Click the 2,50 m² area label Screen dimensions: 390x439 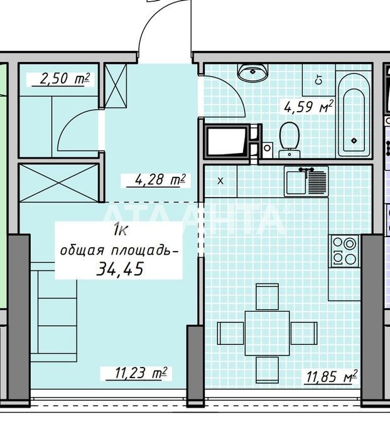coord(65,79)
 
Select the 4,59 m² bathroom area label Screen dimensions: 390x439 coord(309,107)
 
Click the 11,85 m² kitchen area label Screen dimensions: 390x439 coord(332,376)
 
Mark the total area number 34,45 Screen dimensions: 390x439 coord(120,269)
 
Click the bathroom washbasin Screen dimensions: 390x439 coord(252,72)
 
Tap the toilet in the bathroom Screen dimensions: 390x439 coord(290,140)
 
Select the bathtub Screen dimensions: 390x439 coord(354,115)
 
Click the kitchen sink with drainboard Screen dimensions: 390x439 coord(306,181)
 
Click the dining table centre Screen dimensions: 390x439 coord(267,333)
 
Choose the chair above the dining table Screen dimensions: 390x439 coord(268,297)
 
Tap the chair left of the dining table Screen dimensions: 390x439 coord(230,333)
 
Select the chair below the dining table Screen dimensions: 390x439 coord(268,370)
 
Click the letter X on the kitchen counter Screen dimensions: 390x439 coord(220,181)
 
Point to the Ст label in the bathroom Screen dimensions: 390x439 coord(319,80)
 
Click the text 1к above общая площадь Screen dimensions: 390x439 coord(121,231)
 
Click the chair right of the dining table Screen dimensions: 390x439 coord(304,333)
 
